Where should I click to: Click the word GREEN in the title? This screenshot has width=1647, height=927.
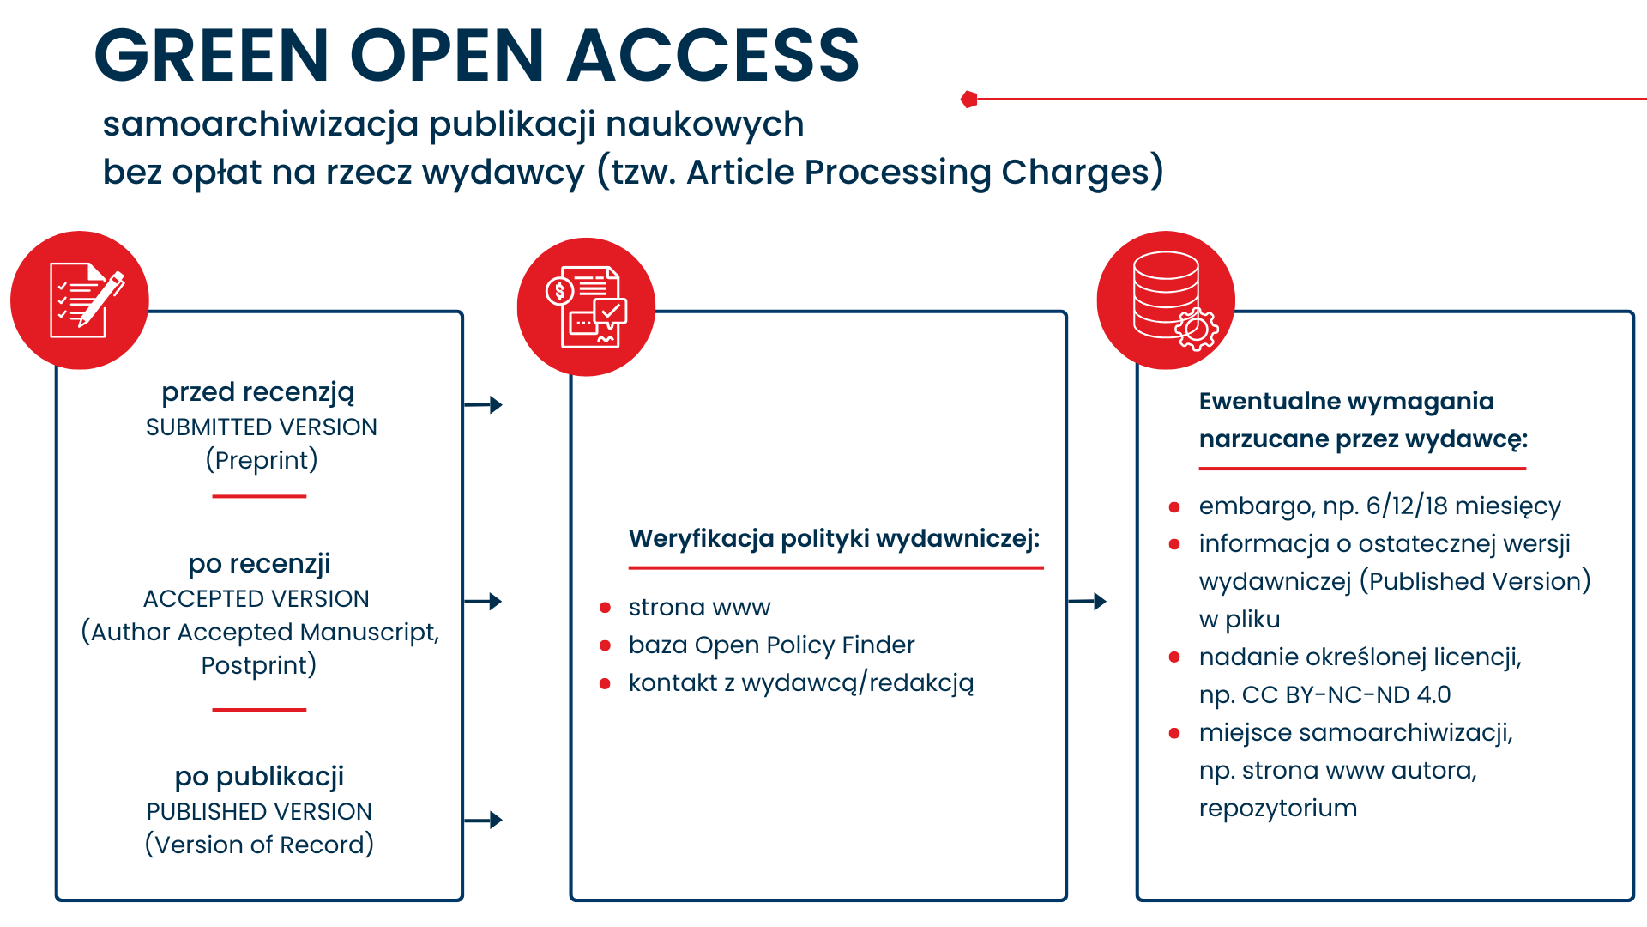[x=211, y=56]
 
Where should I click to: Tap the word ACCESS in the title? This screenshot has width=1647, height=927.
[x=712, y=56]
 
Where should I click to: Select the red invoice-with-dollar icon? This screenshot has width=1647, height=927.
[x=586, y=306]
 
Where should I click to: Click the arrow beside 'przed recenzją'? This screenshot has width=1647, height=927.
[x=484, y=404]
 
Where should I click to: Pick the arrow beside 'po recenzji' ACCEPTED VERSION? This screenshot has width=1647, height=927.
[x=484, y=601]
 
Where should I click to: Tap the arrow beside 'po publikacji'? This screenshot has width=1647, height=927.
[x=484, y=820]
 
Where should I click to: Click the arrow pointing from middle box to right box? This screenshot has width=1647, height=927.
[x=1088, y=601]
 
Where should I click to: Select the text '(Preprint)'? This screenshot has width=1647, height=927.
[x=262, y=460]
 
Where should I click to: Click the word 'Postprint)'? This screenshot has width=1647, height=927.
[x=259, y=665]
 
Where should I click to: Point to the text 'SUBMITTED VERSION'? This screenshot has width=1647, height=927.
[x=262, y=427]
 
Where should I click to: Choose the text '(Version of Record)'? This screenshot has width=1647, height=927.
[x=259, y=845]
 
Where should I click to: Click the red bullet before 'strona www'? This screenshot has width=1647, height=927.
[x=605, y=608]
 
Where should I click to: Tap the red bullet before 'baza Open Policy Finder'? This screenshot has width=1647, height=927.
[x=605, y=645]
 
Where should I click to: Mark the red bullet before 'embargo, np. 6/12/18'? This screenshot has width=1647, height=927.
[x=1174, y=506]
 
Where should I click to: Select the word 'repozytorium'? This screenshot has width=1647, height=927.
[x=1278, y=808]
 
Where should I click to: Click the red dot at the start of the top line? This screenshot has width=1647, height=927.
[x=969, y=100]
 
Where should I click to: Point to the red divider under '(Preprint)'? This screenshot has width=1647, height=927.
[x=259, y=496]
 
